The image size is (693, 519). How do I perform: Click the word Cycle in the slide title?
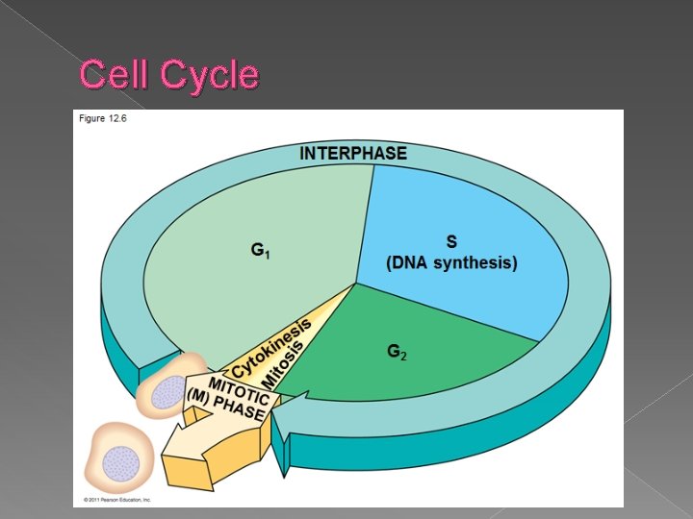(210, 75)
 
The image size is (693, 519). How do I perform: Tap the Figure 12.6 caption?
(103, 118)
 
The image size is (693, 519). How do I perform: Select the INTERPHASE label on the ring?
(353, 154)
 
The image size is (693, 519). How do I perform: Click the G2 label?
(397, 353)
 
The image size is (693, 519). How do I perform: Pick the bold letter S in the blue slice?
(450, 241)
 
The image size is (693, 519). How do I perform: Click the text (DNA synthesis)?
(451, 263)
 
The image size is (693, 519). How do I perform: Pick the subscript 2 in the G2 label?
(403, 357)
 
